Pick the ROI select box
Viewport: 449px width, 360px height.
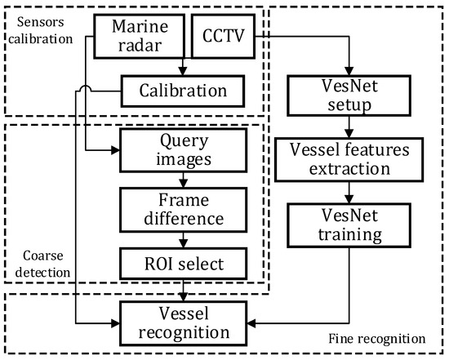(x=183, y=261)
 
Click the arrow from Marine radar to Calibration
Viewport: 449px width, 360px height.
(x=183, y=68)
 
